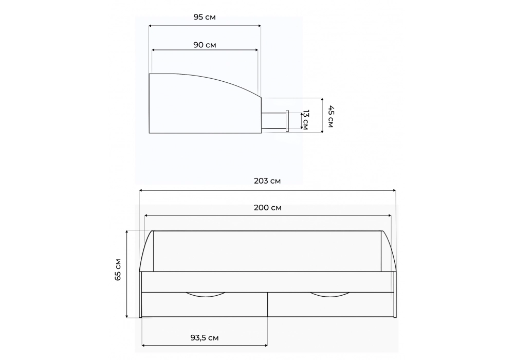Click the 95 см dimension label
205,17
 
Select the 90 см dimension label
205,45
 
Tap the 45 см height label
331,116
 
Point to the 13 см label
305,120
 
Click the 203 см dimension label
267,181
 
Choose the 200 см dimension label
267,208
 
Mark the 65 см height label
118,269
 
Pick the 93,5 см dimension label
205,338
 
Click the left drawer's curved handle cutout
206,296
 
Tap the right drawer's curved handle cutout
330,296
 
